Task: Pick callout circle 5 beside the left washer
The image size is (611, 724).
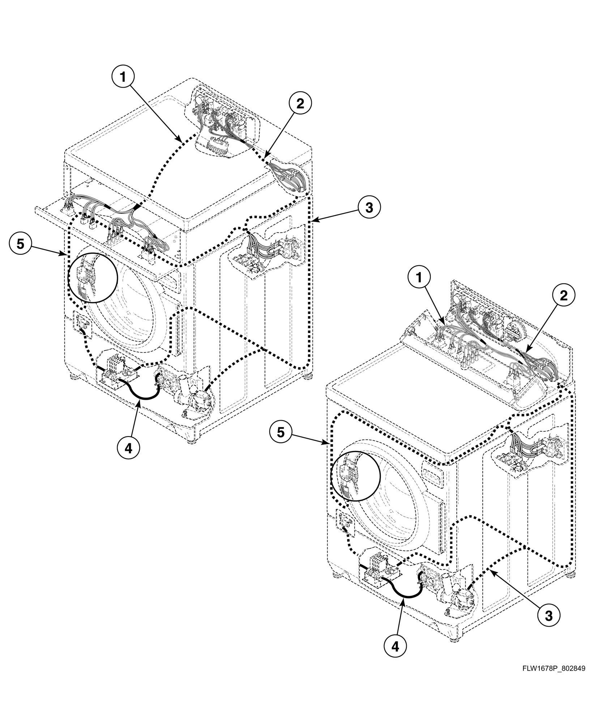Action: click(x=21, y=244)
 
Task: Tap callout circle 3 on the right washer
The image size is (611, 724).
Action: click(x=548, y=615)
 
